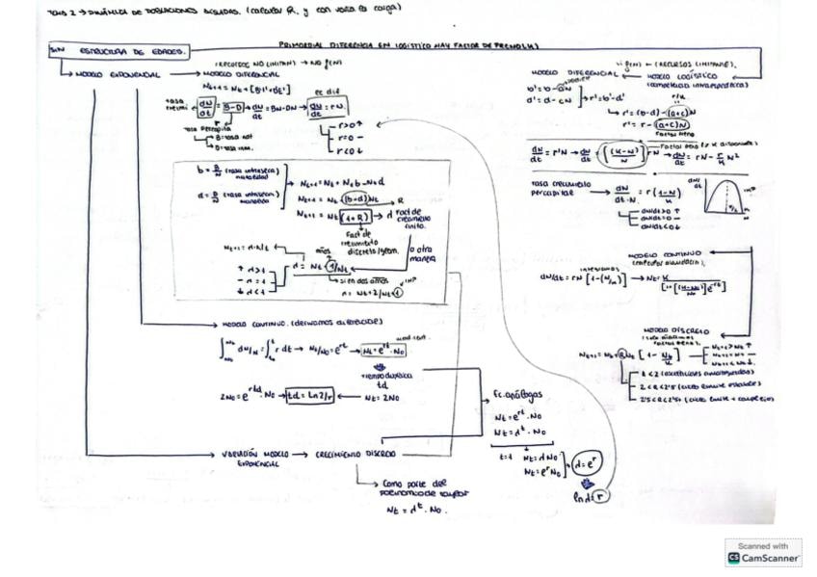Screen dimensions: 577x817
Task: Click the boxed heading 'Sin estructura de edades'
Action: tap(118, 52)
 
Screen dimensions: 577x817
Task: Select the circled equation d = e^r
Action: tap(586, 464)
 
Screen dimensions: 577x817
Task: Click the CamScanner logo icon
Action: tap(733, 558)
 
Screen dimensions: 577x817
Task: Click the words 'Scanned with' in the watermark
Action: tap(762, 546)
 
